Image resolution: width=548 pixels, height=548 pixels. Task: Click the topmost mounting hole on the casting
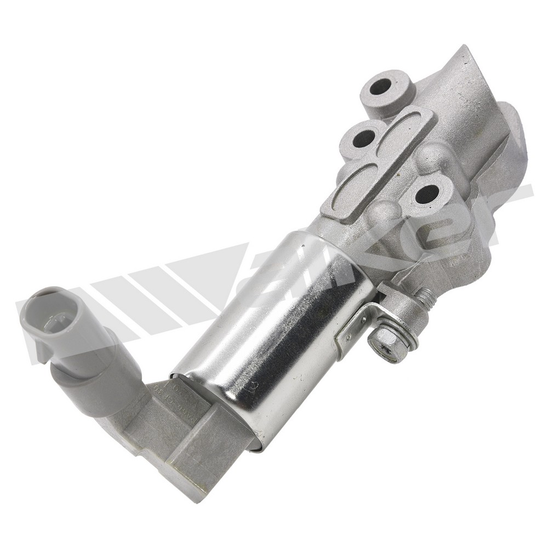pos(381,86)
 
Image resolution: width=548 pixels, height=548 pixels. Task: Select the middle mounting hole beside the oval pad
pos(359,139)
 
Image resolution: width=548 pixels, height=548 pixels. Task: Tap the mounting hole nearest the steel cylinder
pos(427,193)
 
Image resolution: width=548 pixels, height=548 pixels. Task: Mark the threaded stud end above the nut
pos(426,298)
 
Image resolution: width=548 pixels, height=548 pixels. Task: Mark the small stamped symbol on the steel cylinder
pos(250,387)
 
